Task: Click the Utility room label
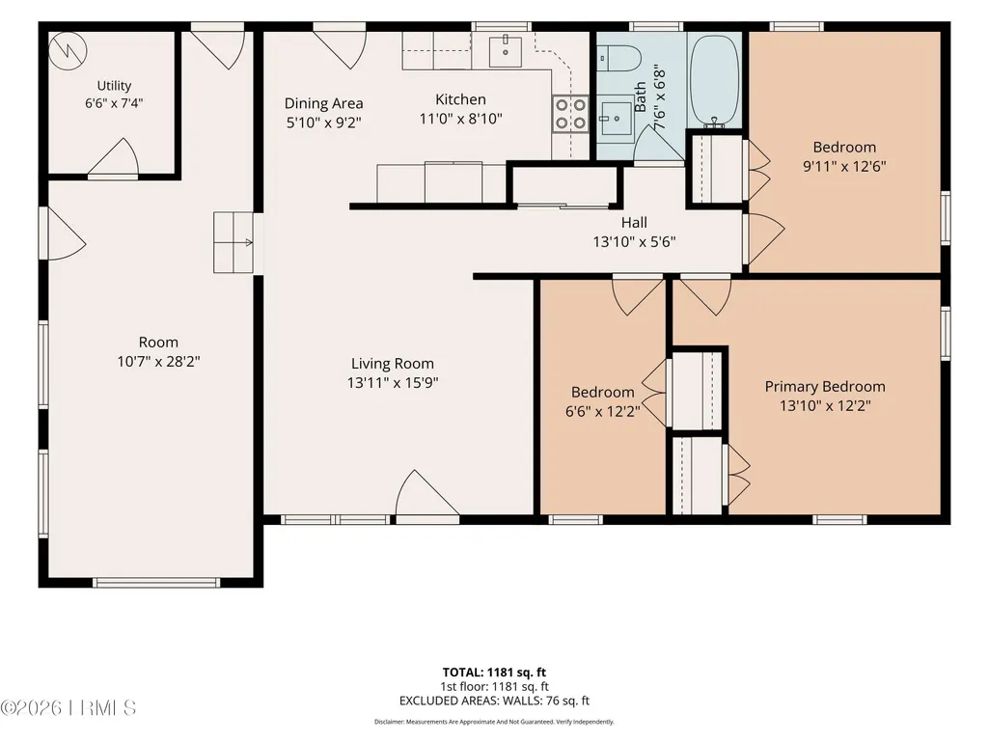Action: (x=114, y=86)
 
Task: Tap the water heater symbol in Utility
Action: (x=69, y=50)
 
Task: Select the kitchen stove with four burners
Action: (x=571, y=114)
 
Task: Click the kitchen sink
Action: (x=506, y=51)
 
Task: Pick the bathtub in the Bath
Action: (x=715, y=80)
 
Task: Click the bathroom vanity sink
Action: (x=615, y=117)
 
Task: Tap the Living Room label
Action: (x=393, y=364)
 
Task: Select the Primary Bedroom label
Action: (x=825, y=386)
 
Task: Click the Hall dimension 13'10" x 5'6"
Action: (x=634, y=241)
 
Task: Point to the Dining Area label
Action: (x=323, y=103)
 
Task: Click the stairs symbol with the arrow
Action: (x=234, y=242)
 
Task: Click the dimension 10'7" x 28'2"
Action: (x=158, y=362)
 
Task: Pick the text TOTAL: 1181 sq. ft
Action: (x=494, y=673)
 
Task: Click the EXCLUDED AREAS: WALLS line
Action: (x=494, y=701)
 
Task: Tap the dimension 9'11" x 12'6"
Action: (x=844, y=167)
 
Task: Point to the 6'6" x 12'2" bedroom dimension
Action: (x=603, y=412)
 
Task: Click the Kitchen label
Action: (x=460, y=99)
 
